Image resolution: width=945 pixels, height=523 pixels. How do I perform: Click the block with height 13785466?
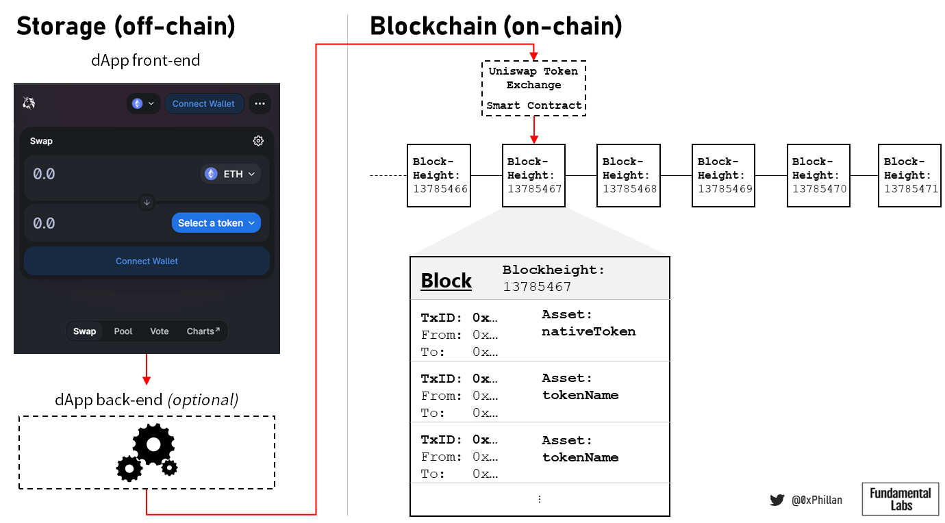pos(439,176)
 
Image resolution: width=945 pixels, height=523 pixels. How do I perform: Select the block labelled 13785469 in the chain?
pos(724,176)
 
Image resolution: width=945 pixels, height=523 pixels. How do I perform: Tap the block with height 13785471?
pos(910,176)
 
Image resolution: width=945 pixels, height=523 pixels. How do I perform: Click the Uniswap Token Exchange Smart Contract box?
pos(534,88)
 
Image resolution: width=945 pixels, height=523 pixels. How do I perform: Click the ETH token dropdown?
pos(231,174)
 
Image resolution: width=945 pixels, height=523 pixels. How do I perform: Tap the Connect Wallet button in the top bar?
pos(203,104)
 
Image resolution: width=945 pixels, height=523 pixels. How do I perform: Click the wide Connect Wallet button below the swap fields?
pos(147,261)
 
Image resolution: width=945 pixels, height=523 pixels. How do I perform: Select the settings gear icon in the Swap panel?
pos(258,141)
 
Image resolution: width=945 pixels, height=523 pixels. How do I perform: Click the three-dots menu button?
pos(260,104)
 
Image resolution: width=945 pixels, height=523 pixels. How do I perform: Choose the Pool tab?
pos(123,331)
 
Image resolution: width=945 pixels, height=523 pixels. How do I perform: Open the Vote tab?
pos(160,331)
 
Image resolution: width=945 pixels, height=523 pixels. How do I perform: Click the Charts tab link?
pos(203,331)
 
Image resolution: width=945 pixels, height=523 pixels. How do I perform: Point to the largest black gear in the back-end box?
pos(153,445)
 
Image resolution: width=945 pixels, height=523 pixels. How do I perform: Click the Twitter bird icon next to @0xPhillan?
pos(777,500)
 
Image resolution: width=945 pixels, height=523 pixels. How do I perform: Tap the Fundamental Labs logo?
pos(900,499)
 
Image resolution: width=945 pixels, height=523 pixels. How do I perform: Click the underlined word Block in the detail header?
pos(446,281)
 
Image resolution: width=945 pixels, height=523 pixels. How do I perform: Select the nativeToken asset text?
pos(588,331)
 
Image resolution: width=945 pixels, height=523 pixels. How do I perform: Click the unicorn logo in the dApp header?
pos(29,103)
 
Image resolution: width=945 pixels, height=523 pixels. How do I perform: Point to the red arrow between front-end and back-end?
pos(147,370)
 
